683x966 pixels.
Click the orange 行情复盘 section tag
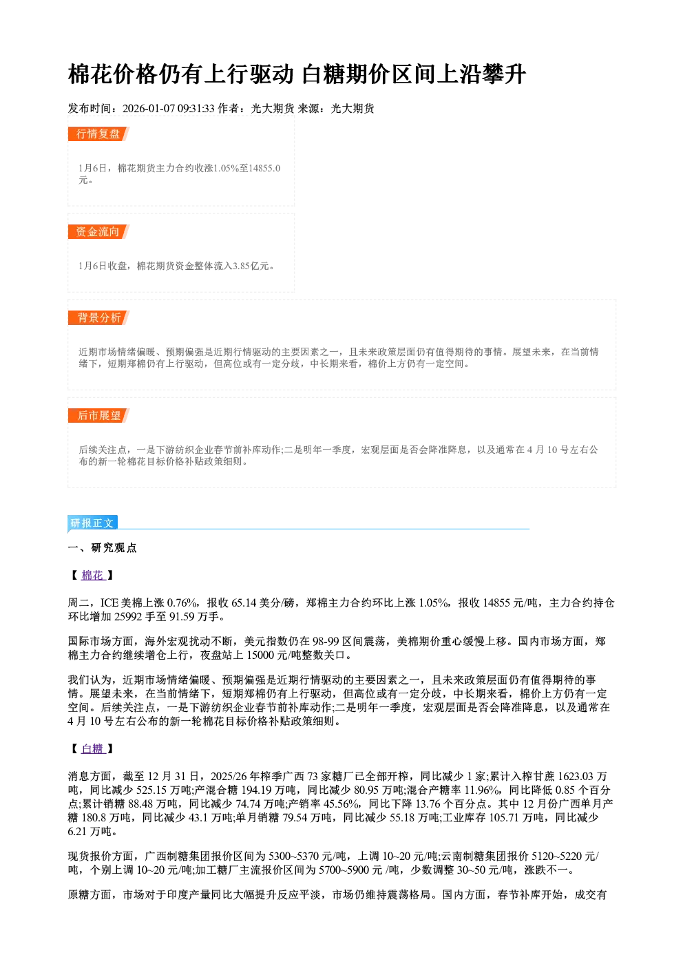(x=98, y=134)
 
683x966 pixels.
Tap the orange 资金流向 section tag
(x=98, y=231)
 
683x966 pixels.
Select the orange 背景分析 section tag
(x=98, y=318)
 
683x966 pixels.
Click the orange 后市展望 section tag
(x=98, y=416)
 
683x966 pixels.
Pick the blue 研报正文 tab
(x=92, y=523)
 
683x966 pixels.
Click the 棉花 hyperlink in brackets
(x=93, y=576)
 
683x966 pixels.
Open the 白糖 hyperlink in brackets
(x=93, y=749)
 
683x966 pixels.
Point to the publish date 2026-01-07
(x=149, y=108)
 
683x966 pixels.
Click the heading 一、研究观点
(x=102, y=547)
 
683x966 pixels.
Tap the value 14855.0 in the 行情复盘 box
(x=265, y=168)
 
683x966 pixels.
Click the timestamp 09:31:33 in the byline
(x=196, y=108)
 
